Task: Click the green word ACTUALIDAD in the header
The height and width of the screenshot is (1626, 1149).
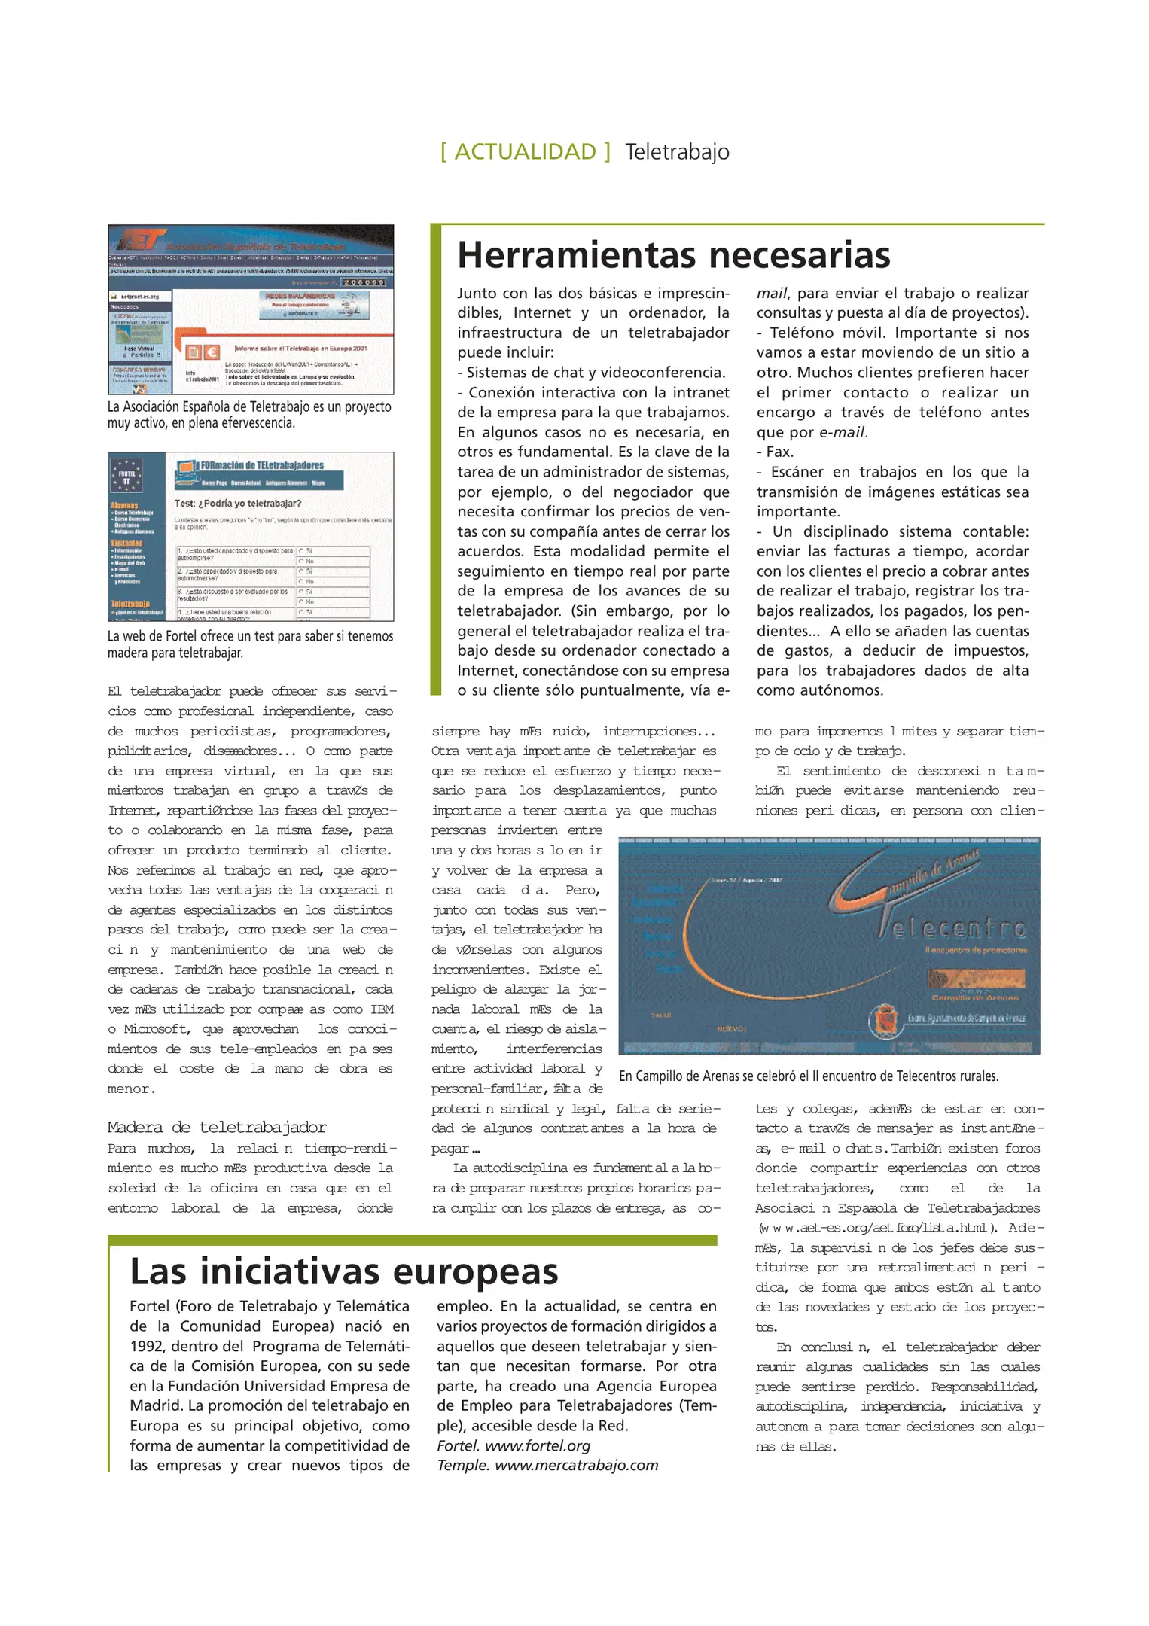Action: (x=525, y=152)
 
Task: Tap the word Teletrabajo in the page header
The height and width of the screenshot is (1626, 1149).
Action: (x=677, y=152)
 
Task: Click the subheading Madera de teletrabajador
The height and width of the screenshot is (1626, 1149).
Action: (x=217, y=1127)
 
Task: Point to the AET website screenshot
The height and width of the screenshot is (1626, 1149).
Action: (x=251, y=309)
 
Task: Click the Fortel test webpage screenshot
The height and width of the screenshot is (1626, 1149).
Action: (x=251, y=536)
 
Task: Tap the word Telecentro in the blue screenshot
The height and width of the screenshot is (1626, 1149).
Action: (x=952, y=929)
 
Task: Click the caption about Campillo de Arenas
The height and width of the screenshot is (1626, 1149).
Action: (x=809, y=1076)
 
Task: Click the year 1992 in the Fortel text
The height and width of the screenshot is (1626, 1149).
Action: (x=149, y=1346)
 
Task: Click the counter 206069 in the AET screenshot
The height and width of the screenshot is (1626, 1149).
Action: (x=364, y=282)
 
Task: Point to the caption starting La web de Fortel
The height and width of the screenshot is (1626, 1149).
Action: (x=250, y=644)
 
